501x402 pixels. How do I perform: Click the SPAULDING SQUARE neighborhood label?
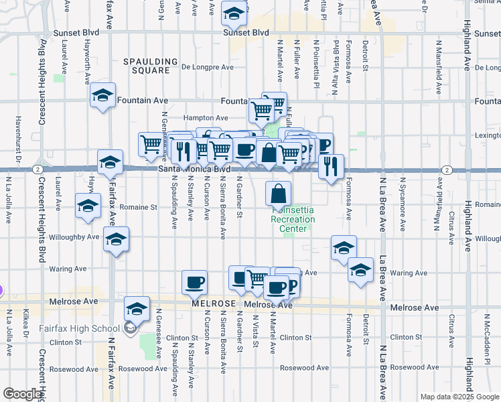click(147, 66)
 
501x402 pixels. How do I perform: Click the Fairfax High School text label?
click(87, 328)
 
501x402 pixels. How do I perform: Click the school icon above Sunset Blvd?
click(234, 14)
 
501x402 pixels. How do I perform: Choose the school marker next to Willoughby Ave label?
click(116, 239)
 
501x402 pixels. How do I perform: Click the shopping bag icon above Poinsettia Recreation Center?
click(279, 194)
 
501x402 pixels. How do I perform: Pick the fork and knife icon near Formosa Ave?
click(330, 167)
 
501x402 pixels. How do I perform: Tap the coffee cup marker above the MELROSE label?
click(194, 283)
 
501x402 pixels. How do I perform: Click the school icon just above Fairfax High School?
click(137, 309)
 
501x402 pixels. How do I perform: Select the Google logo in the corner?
click(22, 394)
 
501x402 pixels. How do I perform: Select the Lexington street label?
click(487, 135)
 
